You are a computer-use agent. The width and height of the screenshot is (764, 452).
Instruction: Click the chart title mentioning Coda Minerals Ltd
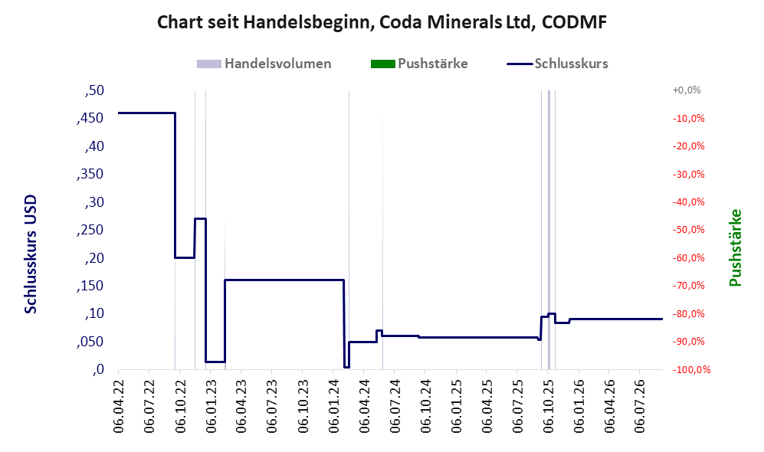pyautogui.click(x=382, y=22)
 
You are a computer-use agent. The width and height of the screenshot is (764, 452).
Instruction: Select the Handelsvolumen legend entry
pyautogui.click(x=264, y=64)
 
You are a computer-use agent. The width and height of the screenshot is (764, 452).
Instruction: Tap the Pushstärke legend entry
pyautogui.click(x=419, y=64)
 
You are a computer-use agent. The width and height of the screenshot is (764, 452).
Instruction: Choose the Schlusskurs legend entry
pyautogui.click(x=557, y=64)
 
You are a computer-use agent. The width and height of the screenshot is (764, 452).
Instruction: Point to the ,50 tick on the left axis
pyautogui.click(x=94, y=90)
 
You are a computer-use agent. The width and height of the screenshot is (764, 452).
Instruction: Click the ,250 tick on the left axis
pyautogui.click(x=90, y=230)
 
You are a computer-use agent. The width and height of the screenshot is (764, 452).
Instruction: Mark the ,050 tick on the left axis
pyautogui.click(x=90, y=342)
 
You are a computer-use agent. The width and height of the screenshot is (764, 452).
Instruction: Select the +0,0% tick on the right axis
pyautogui.click(x=687, y=90)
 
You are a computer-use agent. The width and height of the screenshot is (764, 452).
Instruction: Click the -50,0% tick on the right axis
pyautogui.click(x=688, y=229)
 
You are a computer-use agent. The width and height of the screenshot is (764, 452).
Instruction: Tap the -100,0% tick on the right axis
pyautogui.click(x=691, y=369)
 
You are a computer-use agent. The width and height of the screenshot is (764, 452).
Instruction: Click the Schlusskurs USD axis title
pyautogui.click(x=30, y=254)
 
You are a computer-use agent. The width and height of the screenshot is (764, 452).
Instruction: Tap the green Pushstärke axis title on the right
pyautogui.click(x=735, y=247)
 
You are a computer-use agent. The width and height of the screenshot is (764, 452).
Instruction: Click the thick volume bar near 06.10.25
pyautogui.click(x=549, y=229)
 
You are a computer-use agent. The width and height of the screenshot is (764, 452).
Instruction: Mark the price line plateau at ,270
pyautogui.click(x=200, y=218)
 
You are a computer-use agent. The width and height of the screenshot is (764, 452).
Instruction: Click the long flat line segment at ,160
pyautogui.click(x=284, y=280)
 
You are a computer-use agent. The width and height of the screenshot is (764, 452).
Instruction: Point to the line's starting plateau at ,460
pyautogui.click(x=146, y=113)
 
